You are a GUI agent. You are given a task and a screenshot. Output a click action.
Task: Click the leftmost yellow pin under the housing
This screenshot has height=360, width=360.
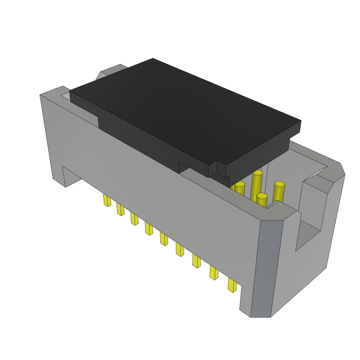coord(107,200)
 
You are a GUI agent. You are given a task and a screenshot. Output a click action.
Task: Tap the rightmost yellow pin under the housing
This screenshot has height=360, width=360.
coord(232,285)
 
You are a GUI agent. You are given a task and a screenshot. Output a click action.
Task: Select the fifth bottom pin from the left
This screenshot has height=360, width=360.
coord(164,238)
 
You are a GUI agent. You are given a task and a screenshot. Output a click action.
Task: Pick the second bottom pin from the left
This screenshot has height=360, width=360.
coord(120,209)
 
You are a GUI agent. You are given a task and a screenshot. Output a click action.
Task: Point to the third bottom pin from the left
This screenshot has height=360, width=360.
coord(134,218)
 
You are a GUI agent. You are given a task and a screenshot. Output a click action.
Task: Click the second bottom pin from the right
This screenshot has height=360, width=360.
coord(214,272)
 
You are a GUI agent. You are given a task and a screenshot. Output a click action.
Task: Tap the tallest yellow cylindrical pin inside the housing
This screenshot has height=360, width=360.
coord(257,185)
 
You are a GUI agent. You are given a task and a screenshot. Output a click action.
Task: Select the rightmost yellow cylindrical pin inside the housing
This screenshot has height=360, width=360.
coord(279,192)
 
